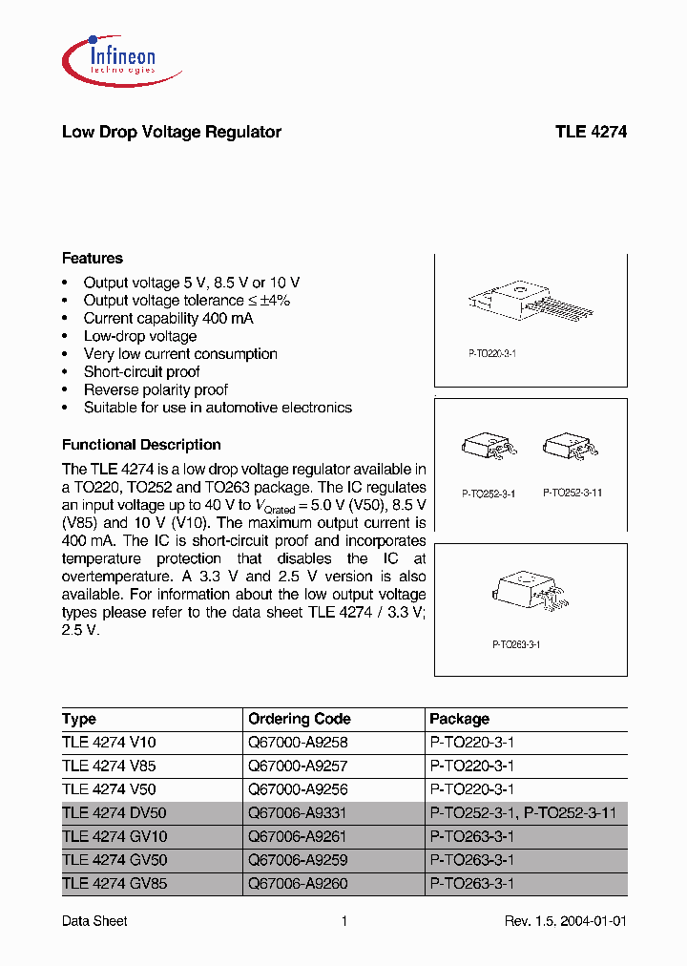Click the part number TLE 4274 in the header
pos(591,133)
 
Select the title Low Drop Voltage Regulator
pos(172,133)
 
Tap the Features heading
pos(93,259)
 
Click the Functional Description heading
pos(141,445)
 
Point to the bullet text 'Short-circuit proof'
pos(142,371)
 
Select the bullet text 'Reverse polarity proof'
pos(156,389)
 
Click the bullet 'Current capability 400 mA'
pos(169,318)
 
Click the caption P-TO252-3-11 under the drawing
pos(572,493)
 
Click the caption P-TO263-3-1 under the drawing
pos(517,645)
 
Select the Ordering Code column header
pos(300,719)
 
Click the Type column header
pos(79,719)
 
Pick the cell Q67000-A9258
pos(299,743)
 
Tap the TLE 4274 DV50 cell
pos(114,813)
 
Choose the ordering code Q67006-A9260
pos(299,884)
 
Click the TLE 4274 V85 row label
pos(109,766)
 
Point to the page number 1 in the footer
pos(343,921)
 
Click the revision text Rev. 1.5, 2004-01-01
pos(565,921)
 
